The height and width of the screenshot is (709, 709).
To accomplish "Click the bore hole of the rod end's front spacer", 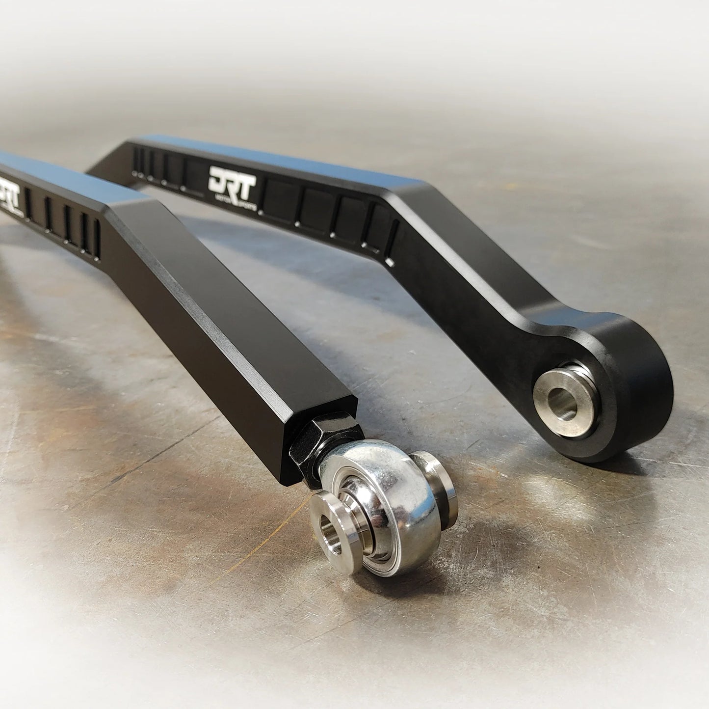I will coord(327,530).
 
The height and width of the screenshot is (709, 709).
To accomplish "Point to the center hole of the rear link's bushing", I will coord(562,403).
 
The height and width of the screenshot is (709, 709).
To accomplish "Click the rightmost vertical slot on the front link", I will coord(96,239).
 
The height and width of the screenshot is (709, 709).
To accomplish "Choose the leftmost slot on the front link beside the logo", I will coord(28,203).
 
